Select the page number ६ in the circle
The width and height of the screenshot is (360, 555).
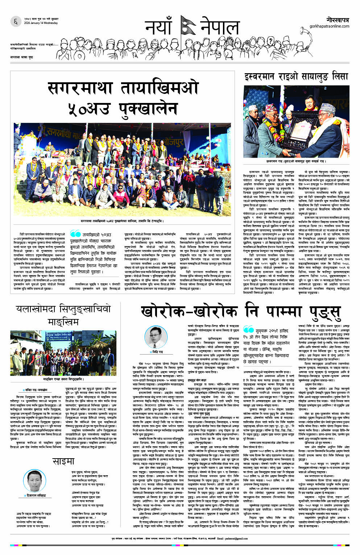tap(16, 22)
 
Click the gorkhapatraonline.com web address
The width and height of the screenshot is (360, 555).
tap(329, 26)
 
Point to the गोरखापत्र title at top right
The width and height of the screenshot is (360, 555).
tap(338, 19)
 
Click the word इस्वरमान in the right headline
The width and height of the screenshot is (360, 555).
tap(268, 77)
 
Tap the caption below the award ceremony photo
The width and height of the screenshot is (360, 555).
tap(296, 161)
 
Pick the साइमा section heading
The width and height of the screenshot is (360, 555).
tap(63, 461)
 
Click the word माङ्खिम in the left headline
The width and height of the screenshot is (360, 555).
tap(63, 322)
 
